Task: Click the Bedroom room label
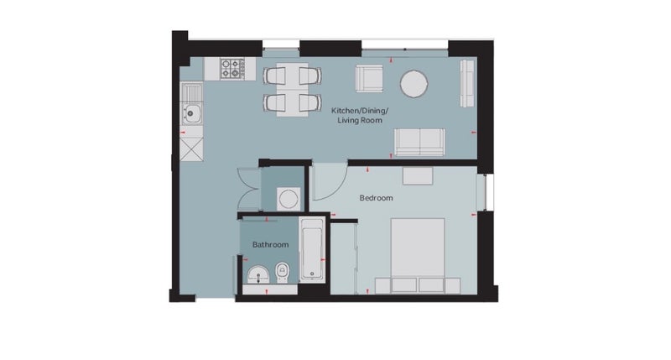[x=376, y=198]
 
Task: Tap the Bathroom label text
[x=270, y=245]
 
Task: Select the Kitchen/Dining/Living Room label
[x=360, y=116]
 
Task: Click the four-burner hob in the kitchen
[x=232, y=69]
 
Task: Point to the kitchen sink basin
[x=192, y=113]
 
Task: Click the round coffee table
[x=414, y=83]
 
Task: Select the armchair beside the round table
[x=369, y=78]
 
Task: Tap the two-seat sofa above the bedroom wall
[x=420, y=142]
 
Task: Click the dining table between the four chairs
[x=292, y=90]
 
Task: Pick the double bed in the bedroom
[x=418, y=256]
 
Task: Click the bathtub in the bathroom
[x=312, y=249]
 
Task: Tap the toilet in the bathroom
[x=282, y=272]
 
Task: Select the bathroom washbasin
[x=258, y=274]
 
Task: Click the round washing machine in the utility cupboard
[x=289, y=199]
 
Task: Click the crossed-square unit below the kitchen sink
[x=192, y=149]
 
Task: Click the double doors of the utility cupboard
[x=249, y=189]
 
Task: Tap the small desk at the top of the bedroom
[x=418, y=176]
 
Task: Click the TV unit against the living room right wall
[x=467, y=83]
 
